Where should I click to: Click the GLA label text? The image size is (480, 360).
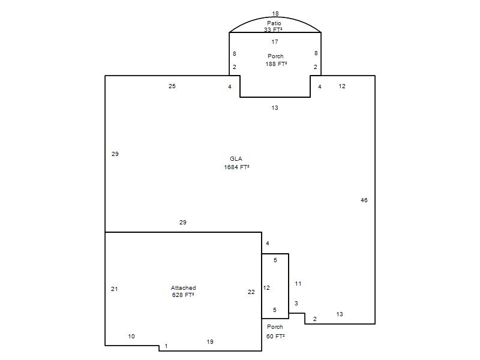click(x=236, y=158)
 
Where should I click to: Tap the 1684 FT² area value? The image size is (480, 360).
click(x=236, y=167)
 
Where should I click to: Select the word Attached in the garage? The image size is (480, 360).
click(x=184, y=288)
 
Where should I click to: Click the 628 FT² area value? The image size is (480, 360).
click(x=183, y=295)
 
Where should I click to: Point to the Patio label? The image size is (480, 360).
click(x=274, y=23)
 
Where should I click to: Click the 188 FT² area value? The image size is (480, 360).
click(x=276, y=64)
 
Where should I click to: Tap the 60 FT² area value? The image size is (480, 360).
click(x=275, y=336)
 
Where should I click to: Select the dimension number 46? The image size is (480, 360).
click(x=364, y=200)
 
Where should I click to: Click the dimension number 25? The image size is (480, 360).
click(x=172, y=86)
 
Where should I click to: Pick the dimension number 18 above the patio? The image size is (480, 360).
click(x=275, y=13)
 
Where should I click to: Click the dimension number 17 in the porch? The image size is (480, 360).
click(x=275, y=41)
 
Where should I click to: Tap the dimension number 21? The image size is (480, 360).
click(x=115, y=289)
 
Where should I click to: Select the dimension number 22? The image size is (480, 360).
click(x=251, y=292)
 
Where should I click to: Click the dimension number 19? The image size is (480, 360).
click(x=210, y=341)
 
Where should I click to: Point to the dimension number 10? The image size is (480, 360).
click(x=131, y=336)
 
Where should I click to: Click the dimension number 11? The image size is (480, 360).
click(x=298, y=283)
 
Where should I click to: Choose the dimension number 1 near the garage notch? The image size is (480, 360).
click(x=166, y=346)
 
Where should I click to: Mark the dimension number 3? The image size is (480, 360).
click(x=296, y=304)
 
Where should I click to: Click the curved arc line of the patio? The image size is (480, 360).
click(x=275, y=17)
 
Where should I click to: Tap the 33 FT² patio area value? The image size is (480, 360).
click(x=273, y=29)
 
